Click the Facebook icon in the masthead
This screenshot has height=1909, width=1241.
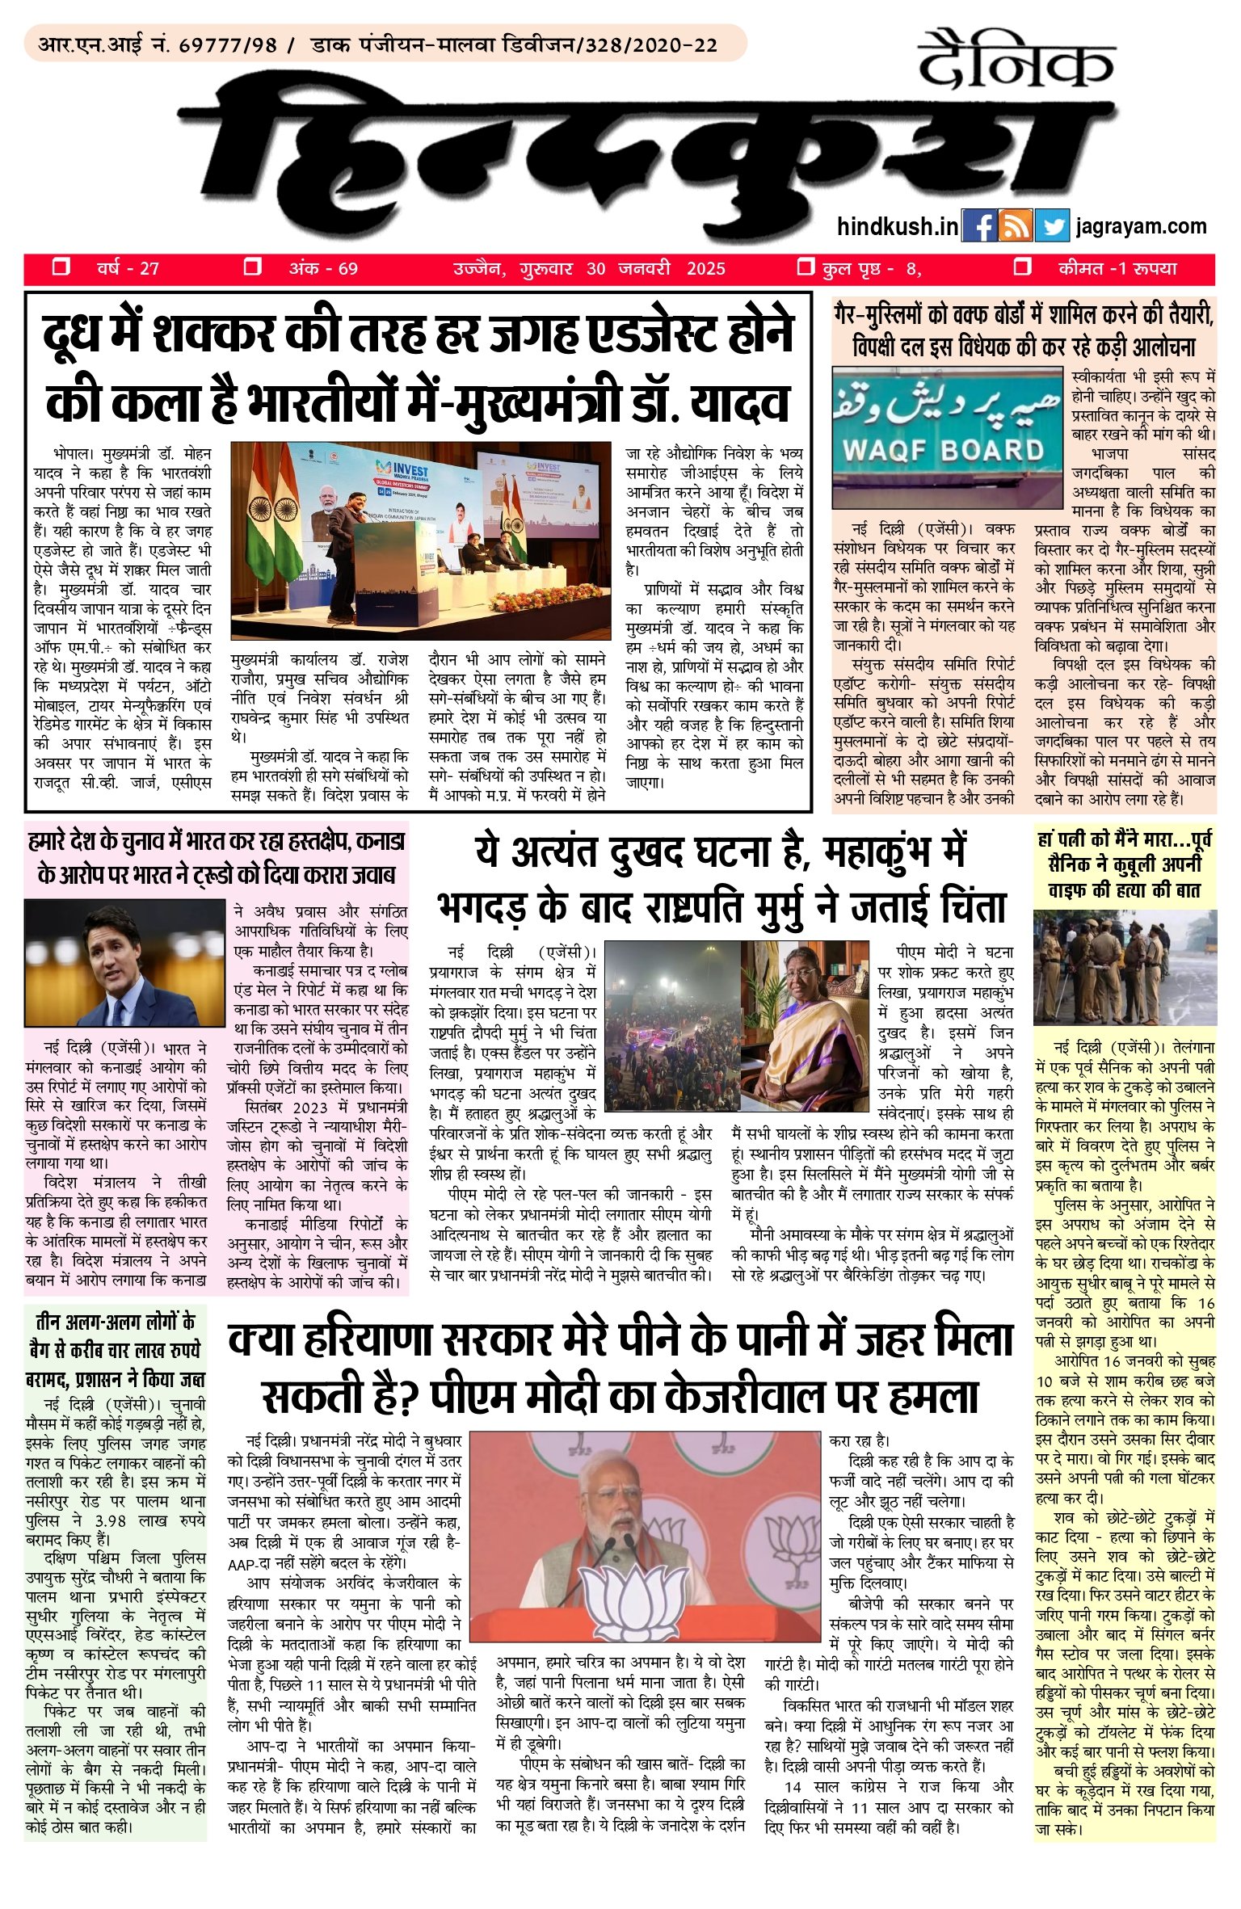(980, 227)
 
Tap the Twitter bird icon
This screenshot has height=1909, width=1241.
(1051, 227)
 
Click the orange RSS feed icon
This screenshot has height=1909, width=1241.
(1015, 227)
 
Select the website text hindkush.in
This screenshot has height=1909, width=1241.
(898, 227)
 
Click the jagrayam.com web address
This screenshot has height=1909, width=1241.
(1141, 227)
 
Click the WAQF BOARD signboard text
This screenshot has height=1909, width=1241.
(943, 451)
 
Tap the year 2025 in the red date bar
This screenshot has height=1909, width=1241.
(705, 269)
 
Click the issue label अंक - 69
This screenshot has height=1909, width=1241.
(323, 269)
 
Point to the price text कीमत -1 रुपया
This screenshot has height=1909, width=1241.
(1117, 268)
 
